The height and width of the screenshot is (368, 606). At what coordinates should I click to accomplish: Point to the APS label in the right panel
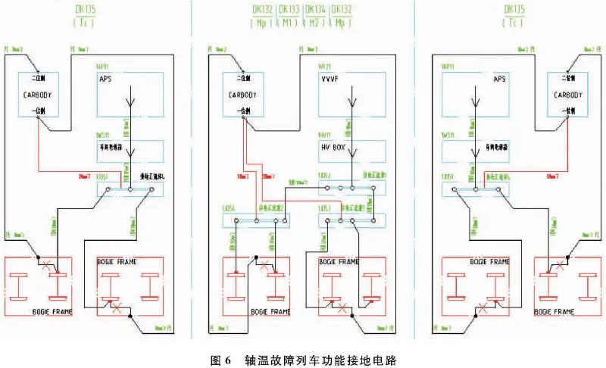pyautogui.click(x=498, y=79)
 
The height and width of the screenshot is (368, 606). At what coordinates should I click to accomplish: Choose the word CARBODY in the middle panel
pyautogui.click(x=244, y=95)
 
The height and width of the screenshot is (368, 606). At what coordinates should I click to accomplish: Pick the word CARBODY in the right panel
pyautogui.click(x=568, y=95)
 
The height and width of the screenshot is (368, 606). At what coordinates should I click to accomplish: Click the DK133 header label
pyautogui.click(x=289, y=10)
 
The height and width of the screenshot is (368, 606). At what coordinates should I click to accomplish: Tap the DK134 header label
pyautogui.click(x=316, y=10)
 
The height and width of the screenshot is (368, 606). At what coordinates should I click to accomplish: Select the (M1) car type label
pyautogui.click(x=289, y=23)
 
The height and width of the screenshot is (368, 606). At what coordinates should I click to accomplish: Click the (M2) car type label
pyautogui.click(x=316, y=23)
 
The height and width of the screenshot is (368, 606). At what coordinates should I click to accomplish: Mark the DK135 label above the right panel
pyautogui.click(x=517, y=10)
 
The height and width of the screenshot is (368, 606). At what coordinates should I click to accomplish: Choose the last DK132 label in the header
pyautogui.click(x=342, y=10)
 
